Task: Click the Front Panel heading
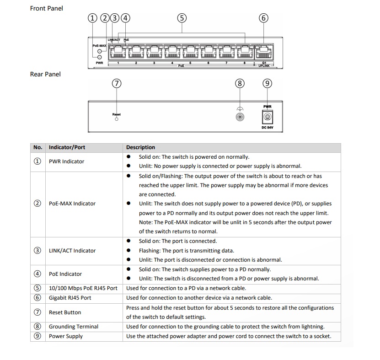pos(46,8)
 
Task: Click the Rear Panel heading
pos(45,74)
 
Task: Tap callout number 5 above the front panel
pos(182,18)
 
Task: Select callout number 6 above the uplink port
pos(263,18)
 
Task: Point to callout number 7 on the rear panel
pos(117,83)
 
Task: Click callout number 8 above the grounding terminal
pos(240,83)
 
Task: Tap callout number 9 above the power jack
pos(268,83)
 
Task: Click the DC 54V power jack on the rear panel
pos(268,117)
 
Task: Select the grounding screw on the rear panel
pos(240,117)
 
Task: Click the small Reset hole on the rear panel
pos(117,119)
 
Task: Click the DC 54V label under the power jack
pos(268,128)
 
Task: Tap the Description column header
pos(140,147)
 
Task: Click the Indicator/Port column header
pos(67,147)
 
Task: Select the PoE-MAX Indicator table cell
pos(72,204)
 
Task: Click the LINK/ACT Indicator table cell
pos(72,251)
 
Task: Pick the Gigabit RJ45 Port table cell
pos(70,298)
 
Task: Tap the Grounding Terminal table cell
pos(73,327)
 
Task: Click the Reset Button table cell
pos(64,312)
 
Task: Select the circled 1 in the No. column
pos(37,161)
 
